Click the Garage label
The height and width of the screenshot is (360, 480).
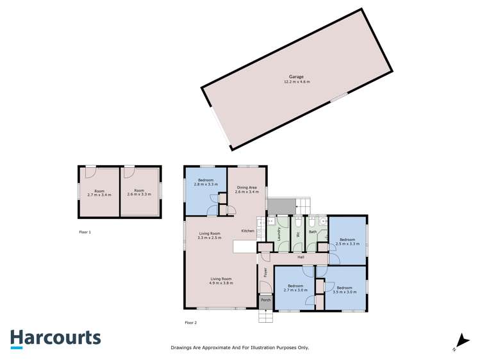click(295, 77)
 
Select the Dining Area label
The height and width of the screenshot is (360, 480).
click(247, 186)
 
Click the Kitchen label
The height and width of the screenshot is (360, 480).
click(248, 231)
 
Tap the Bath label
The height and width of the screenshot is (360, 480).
click(313, 231)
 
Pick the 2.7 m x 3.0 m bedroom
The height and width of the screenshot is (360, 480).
click(295, 288)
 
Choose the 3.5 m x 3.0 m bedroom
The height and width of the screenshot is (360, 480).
click(345, 290)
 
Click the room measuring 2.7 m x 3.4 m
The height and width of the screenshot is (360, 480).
click(99, 192)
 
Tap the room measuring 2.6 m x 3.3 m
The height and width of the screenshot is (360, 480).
click(139, 192)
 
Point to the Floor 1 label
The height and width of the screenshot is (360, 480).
click(85, 232)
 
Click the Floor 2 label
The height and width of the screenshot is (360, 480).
click(191, 322)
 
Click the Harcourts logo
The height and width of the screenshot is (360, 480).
click(55, 338)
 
